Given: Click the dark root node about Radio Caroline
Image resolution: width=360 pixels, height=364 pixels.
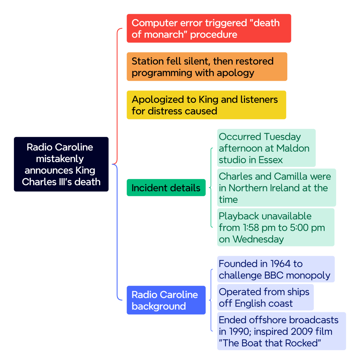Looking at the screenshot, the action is point(61,164).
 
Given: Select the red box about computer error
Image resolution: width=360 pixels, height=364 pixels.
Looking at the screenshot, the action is point(209,28).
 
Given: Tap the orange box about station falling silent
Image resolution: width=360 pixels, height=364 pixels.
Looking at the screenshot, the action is point(207,67).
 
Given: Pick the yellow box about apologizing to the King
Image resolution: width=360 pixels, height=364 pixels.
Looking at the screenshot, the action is point(206,105).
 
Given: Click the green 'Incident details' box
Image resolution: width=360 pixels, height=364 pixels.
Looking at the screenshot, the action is point(166,187).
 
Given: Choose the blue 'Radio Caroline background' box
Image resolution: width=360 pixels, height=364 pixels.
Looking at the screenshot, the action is point(166,300).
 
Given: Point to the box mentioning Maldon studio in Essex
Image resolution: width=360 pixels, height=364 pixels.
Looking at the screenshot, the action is point(266,148).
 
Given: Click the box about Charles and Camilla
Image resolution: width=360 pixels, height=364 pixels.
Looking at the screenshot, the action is point(277,187).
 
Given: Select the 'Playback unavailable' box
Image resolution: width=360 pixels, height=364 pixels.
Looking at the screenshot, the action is point(276,227).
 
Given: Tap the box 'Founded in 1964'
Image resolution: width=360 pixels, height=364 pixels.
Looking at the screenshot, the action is point(276,269).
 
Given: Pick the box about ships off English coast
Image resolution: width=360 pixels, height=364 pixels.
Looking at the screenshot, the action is point(265,297).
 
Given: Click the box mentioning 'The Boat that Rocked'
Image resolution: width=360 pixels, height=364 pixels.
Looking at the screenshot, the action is point(281,331).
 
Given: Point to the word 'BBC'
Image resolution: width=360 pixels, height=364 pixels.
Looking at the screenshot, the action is point(274,275).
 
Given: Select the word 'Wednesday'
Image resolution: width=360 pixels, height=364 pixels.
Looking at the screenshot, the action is point(258,239).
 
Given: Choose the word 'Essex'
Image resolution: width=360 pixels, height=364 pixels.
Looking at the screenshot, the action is point(271,160).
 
